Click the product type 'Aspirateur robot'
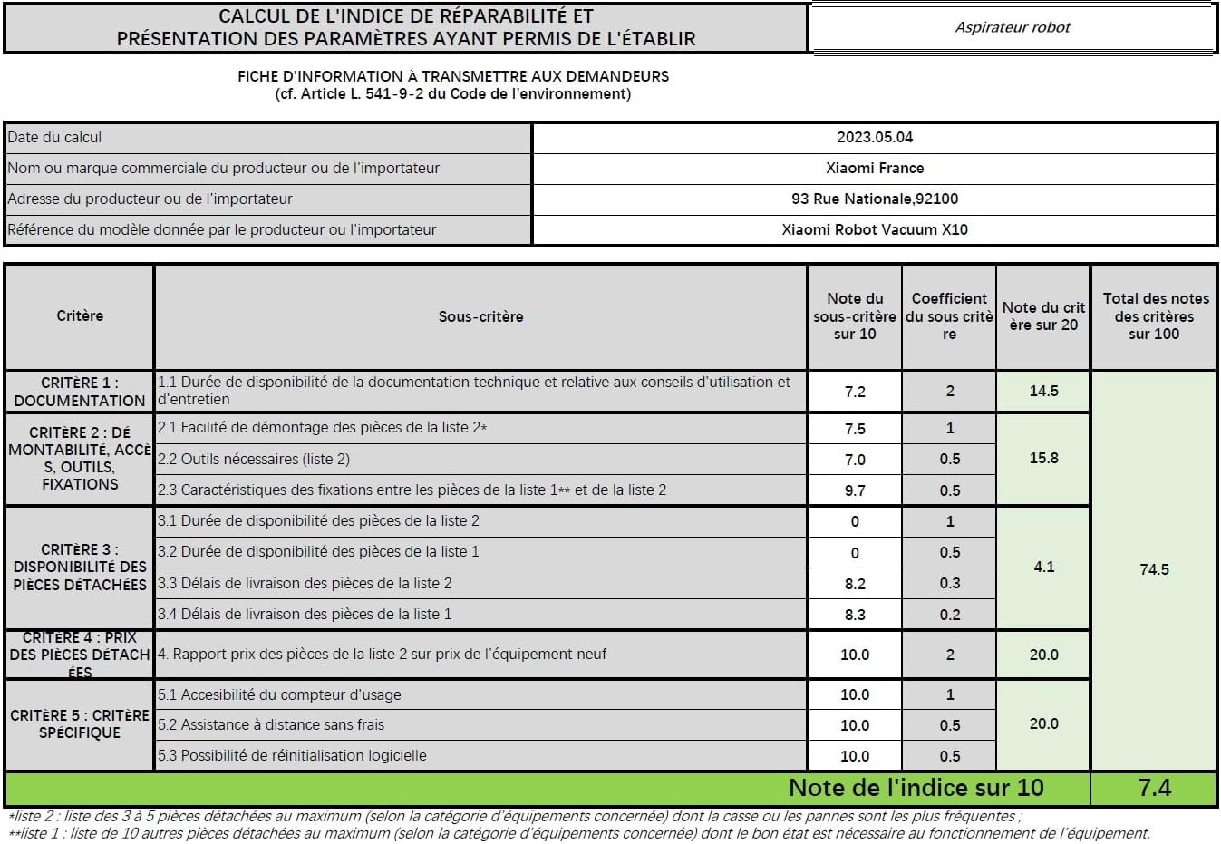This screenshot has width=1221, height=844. point(1012,27)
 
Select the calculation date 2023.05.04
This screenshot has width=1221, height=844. point(875,138)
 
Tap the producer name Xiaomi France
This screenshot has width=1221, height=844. point(875,168)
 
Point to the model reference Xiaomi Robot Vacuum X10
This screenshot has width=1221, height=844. point(875,229)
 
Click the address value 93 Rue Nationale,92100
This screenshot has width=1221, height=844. point(875,199)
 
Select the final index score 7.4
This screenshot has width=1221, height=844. point(1154,788)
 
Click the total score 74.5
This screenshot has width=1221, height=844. point(1154,569)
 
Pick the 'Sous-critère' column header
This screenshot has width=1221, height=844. point(480,316)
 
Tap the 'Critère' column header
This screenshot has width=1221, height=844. point(80,315)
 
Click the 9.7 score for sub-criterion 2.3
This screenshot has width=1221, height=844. point(855,490)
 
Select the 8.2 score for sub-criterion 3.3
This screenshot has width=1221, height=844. point(855,584)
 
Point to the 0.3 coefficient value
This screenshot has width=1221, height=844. point(949,583)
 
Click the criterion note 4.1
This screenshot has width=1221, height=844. point(1043,567)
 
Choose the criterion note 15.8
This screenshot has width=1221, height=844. point(1043,458)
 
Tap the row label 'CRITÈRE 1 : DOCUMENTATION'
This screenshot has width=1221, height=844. point(80,392)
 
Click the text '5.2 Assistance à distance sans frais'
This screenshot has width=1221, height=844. point(271,724)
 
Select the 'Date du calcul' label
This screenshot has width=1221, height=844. point(54,138)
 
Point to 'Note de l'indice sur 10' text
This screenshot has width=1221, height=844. point(916,788)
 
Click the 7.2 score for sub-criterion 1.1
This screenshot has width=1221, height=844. point(855,392)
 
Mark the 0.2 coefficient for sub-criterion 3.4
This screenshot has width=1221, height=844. point(949,614)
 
